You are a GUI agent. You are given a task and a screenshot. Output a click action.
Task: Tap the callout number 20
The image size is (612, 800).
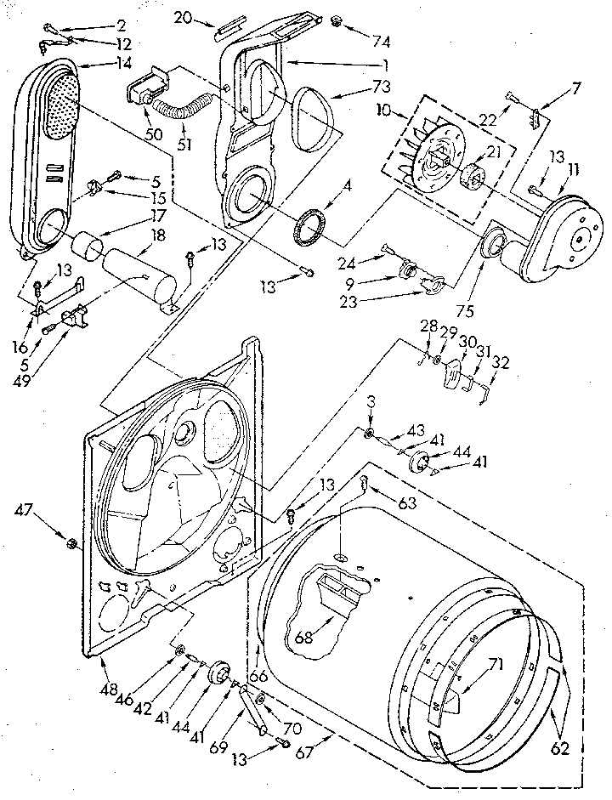(184, 17)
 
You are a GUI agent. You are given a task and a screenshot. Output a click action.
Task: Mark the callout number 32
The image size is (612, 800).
(501, 360)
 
